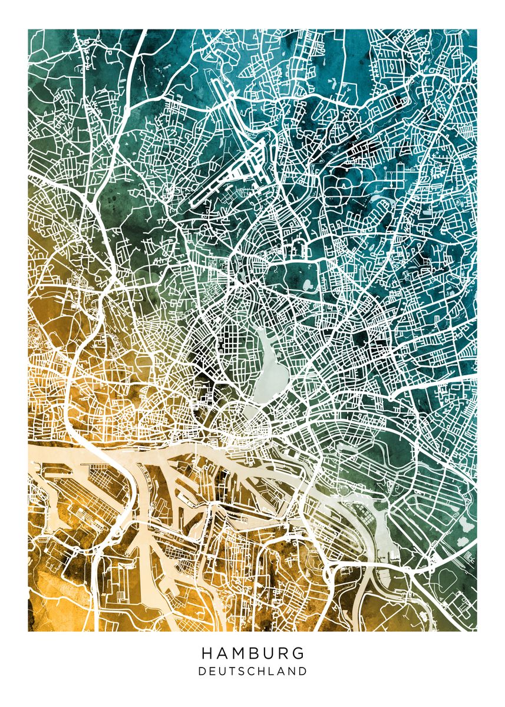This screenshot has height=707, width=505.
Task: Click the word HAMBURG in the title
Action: coord(253,653)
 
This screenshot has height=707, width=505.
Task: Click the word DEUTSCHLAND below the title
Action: coord(253,671)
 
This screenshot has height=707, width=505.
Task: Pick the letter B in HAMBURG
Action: coord(254,653)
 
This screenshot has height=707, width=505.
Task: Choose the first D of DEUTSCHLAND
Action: coord(202,671)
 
